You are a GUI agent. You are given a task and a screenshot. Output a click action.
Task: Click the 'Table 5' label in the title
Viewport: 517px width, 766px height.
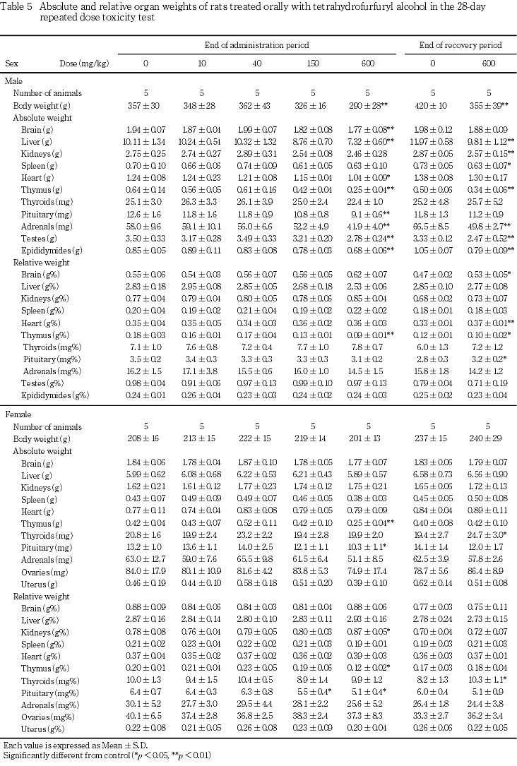(x=18, y=6)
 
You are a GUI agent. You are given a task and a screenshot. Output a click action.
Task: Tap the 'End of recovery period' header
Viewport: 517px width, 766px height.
(x=460, y=45)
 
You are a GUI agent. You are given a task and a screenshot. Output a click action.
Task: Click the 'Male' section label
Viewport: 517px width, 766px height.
(x=13, y=81)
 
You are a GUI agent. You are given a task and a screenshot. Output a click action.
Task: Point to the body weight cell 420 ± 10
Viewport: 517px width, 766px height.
(x=432, y=105)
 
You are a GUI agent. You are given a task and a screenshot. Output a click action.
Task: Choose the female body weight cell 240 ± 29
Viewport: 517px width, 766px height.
(x=487, y=439)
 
